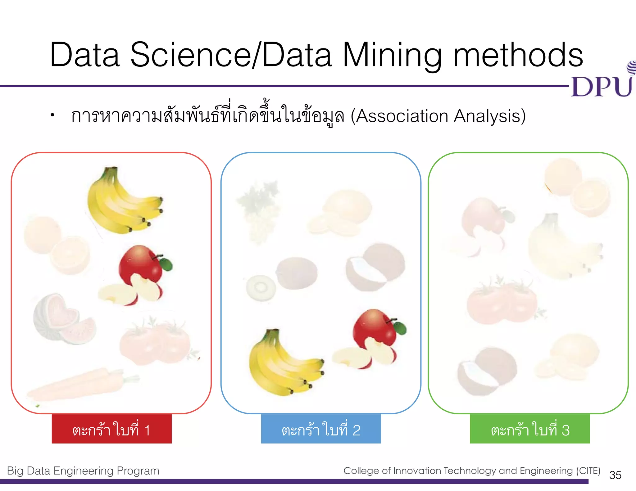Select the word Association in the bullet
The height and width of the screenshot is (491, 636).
coord(402,116)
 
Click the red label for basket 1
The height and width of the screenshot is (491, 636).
coord(111,429)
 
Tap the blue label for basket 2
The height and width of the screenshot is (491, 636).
coord(321,429)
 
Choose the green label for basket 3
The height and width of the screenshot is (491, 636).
coord(530,429)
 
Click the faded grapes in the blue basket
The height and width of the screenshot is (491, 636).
coord(258,211)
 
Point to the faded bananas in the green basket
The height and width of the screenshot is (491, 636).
coord(562,248)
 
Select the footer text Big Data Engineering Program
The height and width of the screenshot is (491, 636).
coord(83,471)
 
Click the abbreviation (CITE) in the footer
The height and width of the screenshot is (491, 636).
coord(588,471)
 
